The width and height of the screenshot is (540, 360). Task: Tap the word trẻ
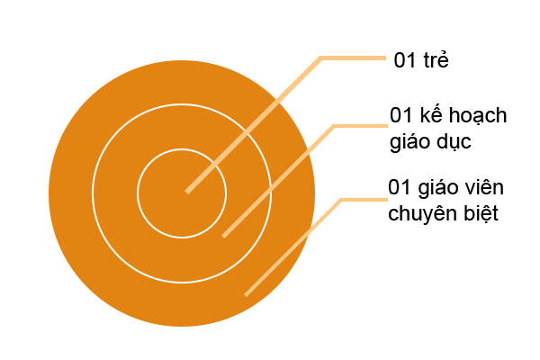pyautogui.click(x=436, y=59)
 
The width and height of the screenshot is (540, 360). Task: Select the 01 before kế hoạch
pyautogui.click(x=400, y=115)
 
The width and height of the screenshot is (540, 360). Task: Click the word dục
pyautogui.click(x=454, y=142)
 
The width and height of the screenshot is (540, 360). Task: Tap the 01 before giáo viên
pyautogui.click(x=399, y=187)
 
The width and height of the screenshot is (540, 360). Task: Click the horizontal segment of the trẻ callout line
pyautogui.click(x=354, y=58)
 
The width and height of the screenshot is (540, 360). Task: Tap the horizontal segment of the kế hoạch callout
pyautogui.click(x=361, y=126)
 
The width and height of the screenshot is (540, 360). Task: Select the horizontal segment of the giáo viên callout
pyautogui.click(x=364, y=200)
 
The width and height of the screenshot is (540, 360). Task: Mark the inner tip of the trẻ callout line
pyautogui.click(x=187, y=192)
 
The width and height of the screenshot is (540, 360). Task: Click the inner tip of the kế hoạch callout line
pyautogui.click(x=224, y=237)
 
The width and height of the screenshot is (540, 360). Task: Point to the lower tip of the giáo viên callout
pyautogui.click(x=246, y=295)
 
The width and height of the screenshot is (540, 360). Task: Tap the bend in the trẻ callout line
pyautogui.click(x=321, y=58)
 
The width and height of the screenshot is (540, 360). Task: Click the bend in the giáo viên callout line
pyautogui.click(x=342, y=200)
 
